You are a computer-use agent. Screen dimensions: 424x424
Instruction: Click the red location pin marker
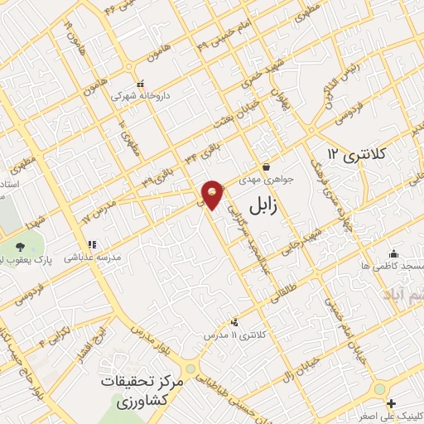213,194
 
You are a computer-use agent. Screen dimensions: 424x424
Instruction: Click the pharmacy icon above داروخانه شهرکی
139,84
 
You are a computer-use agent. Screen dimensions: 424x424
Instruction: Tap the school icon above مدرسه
92,245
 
